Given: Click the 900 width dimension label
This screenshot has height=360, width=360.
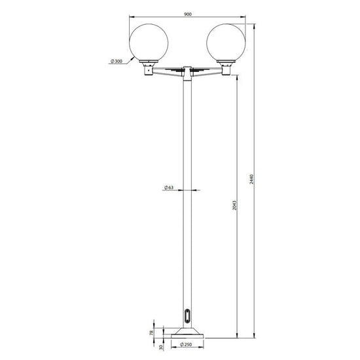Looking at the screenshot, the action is click(188, 14).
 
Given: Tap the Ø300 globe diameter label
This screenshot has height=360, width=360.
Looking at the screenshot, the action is click(117, 61).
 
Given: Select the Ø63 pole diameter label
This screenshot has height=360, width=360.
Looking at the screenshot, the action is click(169, 187).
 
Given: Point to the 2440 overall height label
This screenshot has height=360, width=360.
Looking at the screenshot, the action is click(251, 179).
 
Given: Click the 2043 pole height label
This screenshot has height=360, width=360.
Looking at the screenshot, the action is click(234, 206).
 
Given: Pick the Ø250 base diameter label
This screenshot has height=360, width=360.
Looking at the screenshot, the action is click(186, 344).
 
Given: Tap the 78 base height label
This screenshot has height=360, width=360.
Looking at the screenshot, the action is click(152, 333).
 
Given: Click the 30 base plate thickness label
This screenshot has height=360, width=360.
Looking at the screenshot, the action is click(161, 347).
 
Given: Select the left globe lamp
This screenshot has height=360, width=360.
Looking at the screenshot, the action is click(149, 43).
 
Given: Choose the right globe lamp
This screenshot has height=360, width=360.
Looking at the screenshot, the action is click(226, 43).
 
